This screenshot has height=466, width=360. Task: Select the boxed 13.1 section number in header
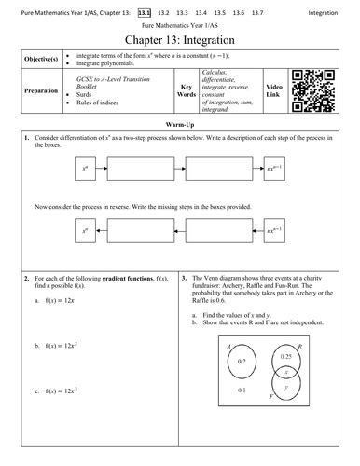144,11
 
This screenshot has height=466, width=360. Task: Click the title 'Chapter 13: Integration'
179,43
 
